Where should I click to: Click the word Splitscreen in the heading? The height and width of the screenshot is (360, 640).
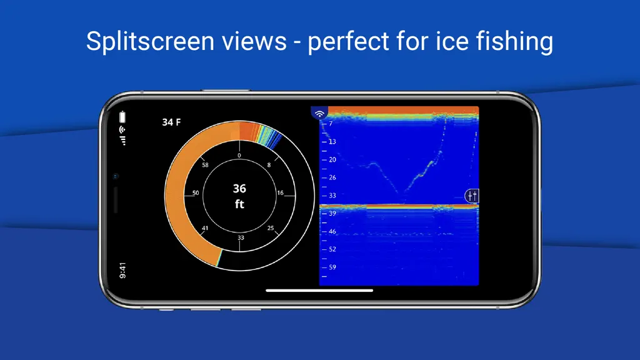[151, 42]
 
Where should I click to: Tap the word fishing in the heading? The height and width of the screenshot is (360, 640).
[514, 42]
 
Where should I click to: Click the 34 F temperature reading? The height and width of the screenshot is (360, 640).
[171, 122]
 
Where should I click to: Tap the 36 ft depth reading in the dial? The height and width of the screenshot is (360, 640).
[239, 196]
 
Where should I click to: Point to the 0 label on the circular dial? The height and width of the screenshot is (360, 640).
[239, 156]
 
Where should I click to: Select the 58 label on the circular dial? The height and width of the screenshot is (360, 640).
[205, 165]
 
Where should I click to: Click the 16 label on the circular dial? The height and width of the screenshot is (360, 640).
[280, 193]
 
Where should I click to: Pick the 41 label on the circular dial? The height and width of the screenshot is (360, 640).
[205, 228]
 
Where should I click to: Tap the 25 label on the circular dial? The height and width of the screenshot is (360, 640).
[271, 228]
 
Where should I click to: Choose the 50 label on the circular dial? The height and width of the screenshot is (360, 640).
[196, 193]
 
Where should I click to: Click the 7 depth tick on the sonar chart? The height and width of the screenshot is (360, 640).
[331, 124]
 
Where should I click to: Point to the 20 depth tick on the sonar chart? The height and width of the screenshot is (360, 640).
[332, 159]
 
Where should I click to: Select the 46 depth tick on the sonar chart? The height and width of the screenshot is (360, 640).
[332, 231]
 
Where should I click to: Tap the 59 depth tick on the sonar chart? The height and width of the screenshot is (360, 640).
[332, 267]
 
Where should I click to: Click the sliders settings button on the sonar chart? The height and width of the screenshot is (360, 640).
[472, 196]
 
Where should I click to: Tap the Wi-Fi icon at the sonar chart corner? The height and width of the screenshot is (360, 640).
[319, 114]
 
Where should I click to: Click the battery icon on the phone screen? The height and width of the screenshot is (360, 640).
[122, 117]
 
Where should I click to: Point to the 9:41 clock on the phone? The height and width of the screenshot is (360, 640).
[122, 271]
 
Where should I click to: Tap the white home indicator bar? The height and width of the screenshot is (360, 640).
[319, 291]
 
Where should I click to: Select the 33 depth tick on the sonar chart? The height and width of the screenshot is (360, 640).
[332, 196]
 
